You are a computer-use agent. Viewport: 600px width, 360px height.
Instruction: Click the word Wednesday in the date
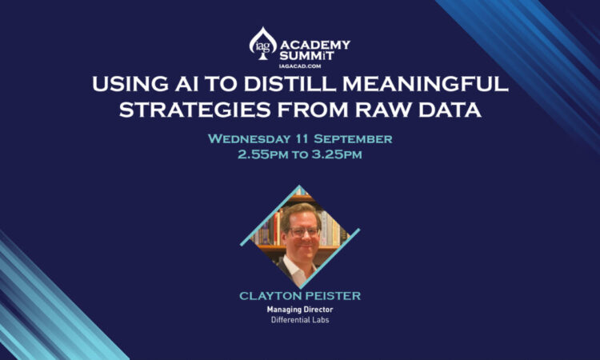250,139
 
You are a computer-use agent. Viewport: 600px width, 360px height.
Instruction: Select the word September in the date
354,139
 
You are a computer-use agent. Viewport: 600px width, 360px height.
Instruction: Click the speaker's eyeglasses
301,230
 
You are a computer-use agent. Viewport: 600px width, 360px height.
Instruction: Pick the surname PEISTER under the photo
330,296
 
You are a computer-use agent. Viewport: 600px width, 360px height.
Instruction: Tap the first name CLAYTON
268,296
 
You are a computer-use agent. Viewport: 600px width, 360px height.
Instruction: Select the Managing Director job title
299,309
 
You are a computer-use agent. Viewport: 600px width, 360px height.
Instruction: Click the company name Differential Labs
299,320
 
